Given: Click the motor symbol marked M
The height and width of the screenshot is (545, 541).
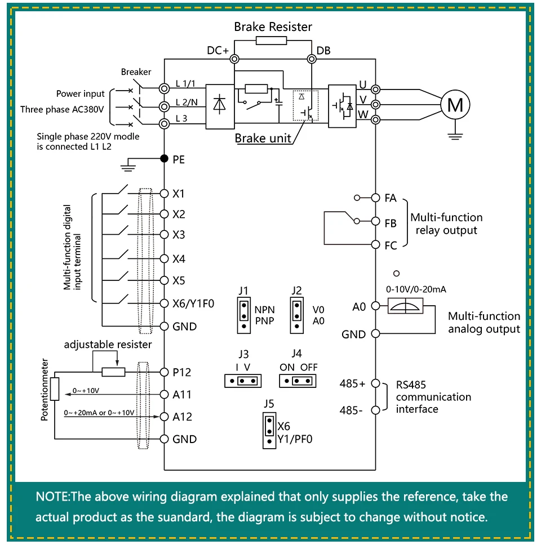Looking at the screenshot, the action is pos(455,105).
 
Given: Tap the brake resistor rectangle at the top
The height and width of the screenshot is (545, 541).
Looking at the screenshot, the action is pos(272,41).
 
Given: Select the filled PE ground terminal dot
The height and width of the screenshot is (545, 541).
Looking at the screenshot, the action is pos(164,159).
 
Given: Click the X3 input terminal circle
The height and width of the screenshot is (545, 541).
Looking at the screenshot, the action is pos(164,235).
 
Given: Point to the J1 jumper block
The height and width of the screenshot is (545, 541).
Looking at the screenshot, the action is pos(244,315).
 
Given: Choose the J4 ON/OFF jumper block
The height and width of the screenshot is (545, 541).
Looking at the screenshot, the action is pos(298,381).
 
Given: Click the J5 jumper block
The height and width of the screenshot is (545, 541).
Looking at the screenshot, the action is pos(269,431).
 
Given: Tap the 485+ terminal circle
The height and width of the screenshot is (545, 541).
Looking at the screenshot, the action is pos(375,383).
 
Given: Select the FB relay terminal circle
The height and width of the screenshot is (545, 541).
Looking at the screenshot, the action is pos(375,221).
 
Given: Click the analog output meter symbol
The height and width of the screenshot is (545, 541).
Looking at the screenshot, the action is pos(405,306).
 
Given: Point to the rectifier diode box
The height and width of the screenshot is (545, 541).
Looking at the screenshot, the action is pos(220,107).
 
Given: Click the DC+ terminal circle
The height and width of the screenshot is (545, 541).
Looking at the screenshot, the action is pos(234,59).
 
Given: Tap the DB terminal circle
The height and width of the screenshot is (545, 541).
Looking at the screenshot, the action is pos(312,59).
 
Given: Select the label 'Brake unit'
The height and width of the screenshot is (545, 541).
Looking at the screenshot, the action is pos(263,139).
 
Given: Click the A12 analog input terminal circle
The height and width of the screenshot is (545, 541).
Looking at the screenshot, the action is pos(164,417).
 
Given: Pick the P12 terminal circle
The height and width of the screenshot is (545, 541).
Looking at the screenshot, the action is pos(164,372).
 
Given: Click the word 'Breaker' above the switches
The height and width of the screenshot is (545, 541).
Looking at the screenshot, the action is pos(136,72).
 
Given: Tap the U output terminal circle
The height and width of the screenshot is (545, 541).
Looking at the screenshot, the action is pos(375,90).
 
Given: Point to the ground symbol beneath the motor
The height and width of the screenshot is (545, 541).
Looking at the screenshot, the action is pos(455,136).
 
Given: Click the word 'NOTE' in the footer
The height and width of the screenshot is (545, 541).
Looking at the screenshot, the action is pos(52,497).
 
